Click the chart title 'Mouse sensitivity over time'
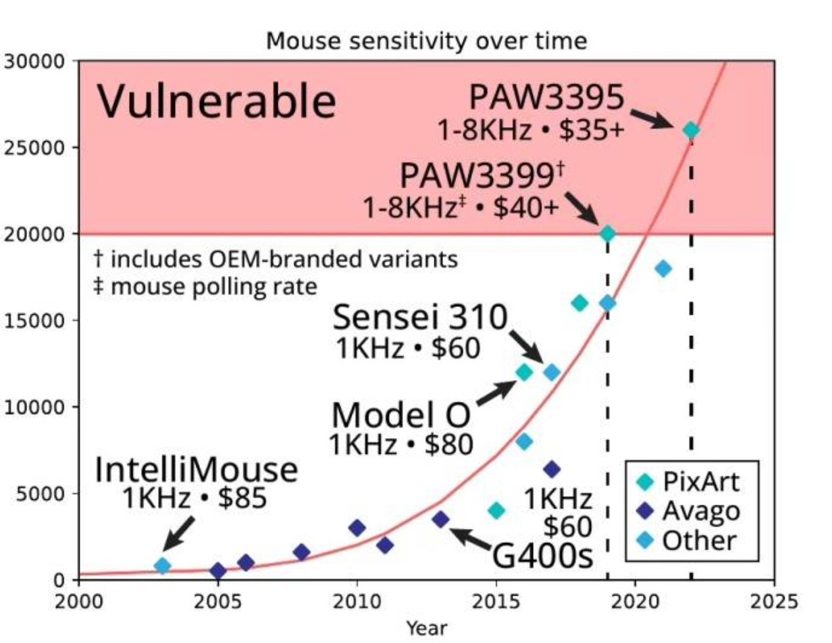(x=426, y=42)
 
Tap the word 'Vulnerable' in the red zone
(x=217, y=101)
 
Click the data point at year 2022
(x=690, y=130)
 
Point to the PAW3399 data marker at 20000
(x=608, y=233)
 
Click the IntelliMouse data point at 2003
(x=162, y=565)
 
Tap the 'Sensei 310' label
(x=421, y=318)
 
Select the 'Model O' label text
(x=401, y=416)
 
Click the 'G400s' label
(x=543, y=557)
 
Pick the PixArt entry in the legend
(x=700, y=482)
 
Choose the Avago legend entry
(x=700, y=511)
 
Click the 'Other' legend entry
(x=698, y=540)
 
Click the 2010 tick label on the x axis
(x=356, y=601)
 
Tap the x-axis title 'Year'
(x=426, y=628)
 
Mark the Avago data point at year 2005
(x=218, y=571)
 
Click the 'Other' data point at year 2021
(x=663, y=268)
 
